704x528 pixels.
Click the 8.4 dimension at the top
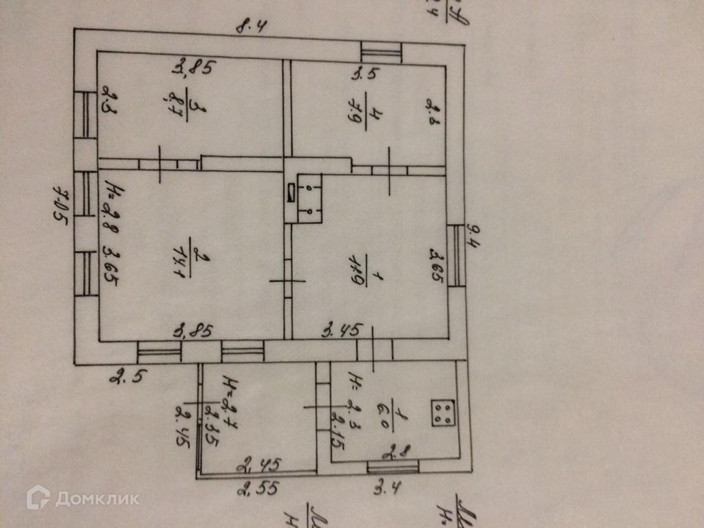[x=252, y=28]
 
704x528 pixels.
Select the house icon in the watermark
[x=38, y=497]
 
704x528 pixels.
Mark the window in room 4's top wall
[x=381, y=52]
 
